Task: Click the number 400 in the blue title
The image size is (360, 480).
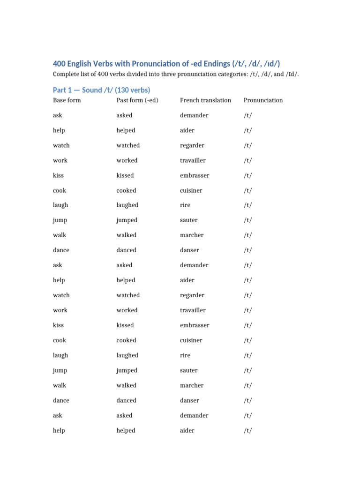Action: coord(60,64)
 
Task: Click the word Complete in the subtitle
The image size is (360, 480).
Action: coord(66,75)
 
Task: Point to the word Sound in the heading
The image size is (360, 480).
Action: coord(91,90)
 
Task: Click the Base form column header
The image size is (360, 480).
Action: coord(67,100)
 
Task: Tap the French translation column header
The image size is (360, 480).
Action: coord(205,100)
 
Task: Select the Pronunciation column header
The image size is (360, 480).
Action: coord(263,100)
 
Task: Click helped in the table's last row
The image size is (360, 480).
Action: coord(126,430)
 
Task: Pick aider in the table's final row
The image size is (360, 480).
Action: coord(187,430)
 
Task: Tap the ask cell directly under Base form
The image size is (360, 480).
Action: coord(57,115)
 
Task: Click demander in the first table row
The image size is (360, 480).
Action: coord(194,115)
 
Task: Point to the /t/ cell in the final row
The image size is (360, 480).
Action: coord(247,430)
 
